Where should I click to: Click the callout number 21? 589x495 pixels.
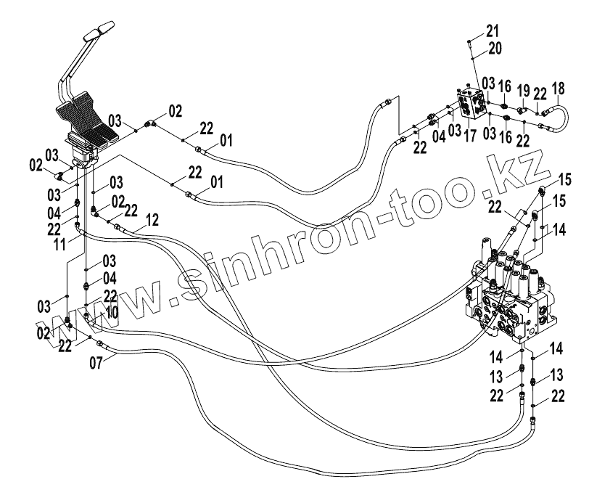click(x=493, y=30)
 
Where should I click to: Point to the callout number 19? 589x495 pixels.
click(x=523, y=91)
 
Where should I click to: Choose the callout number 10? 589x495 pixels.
click(x=111, y=311)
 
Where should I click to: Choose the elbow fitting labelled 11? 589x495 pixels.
click(x=78, y=232)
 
